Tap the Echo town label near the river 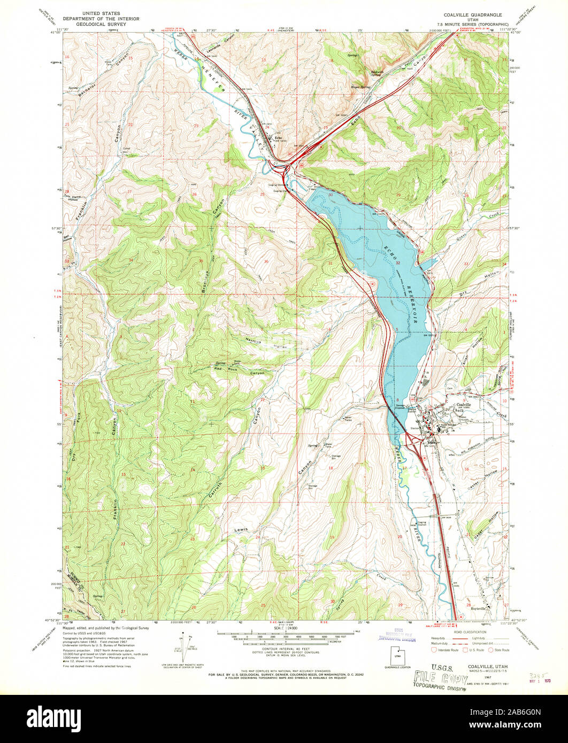278,138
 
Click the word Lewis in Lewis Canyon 241,530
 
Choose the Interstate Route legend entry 447,650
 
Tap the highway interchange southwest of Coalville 413,442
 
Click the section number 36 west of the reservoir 266,261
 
